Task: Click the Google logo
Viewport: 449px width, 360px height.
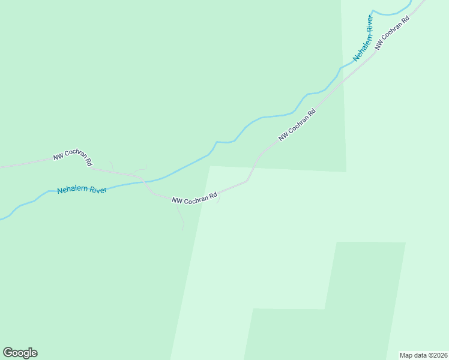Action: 20,353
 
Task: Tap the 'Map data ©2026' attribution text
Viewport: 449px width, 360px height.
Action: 423,355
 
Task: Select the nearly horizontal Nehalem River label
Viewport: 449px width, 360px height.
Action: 82,190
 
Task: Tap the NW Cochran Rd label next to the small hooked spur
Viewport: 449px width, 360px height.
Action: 194,198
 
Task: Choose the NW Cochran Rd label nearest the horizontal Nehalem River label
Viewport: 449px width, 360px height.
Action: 73,158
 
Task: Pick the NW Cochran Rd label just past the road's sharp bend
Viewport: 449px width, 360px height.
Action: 297,125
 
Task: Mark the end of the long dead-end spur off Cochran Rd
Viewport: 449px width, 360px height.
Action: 182,229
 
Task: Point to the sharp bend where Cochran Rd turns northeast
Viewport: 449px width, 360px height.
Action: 246,180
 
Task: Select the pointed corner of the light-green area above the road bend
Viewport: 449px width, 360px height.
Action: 210,166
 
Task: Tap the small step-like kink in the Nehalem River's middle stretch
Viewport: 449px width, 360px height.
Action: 223,142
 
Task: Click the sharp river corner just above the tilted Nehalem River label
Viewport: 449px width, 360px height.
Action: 373,11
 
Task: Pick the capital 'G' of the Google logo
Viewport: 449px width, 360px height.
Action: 8,353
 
